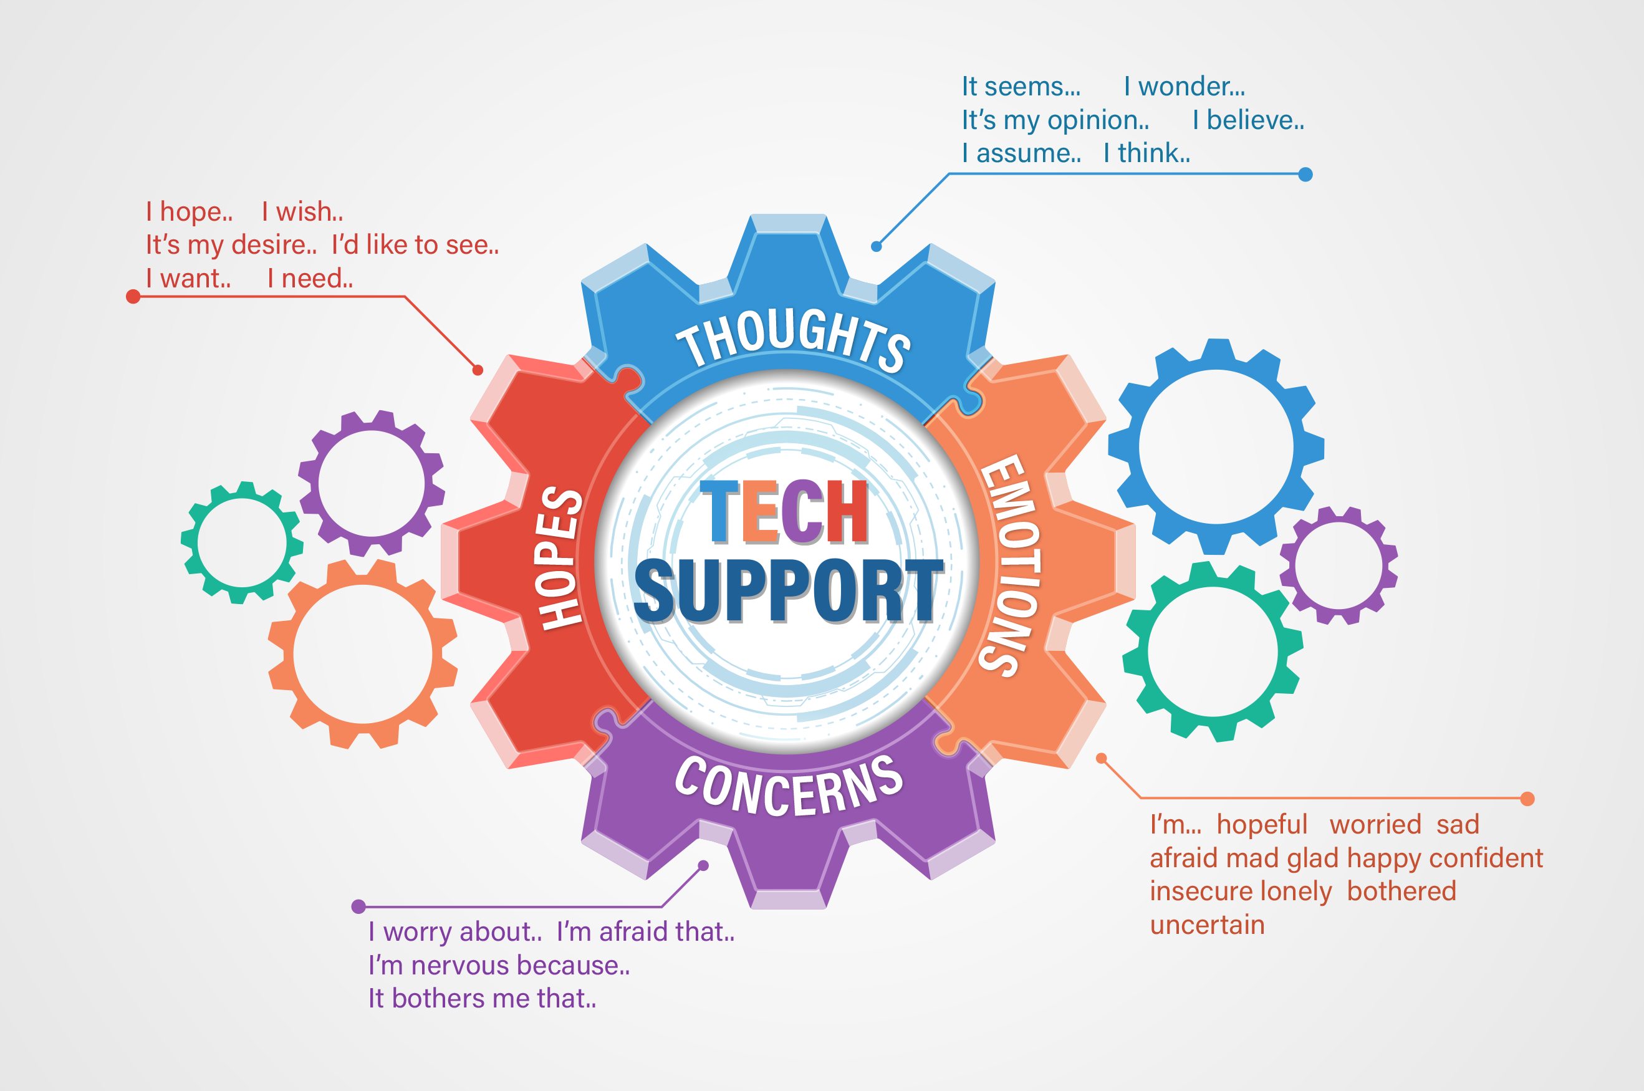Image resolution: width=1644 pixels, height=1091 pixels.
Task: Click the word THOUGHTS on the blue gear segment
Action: (793, 339)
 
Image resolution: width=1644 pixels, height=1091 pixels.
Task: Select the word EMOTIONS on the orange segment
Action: (1010, 565)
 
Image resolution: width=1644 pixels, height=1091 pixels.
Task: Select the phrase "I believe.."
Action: (1248, 120)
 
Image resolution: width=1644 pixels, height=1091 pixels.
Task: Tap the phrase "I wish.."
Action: (302, 212)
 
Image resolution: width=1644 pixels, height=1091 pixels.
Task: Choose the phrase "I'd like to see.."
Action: (415, 246)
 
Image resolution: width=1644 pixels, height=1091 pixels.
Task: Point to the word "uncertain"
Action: (1207, 925)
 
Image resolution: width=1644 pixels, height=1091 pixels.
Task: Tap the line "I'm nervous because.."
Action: (499, 966)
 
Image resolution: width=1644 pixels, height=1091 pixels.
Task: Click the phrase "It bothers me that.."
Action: (482, 999)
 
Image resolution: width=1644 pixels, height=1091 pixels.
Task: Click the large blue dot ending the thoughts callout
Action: (1306, 175)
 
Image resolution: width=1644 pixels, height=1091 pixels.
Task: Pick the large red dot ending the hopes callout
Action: (133, 297)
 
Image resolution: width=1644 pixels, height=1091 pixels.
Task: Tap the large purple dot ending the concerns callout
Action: (359, 906)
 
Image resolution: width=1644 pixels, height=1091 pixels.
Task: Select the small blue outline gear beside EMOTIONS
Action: (1216, 447)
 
